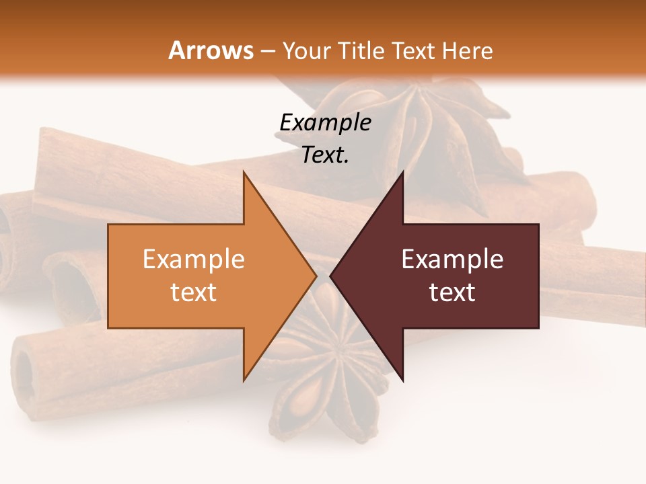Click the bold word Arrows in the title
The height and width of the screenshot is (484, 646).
(211, 50)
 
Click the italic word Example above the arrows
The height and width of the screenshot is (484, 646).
(325, 123)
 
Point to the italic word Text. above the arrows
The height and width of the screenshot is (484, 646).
(325, 155)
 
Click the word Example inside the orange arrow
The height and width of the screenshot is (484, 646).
(193, 259)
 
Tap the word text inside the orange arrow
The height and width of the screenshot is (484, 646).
(193, 292)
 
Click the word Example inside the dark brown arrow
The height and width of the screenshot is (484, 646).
(452, 259)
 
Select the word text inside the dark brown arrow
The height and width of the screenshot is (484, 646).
(452, 292)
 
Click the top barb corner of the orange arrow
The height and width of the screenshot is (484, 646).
(244, 172)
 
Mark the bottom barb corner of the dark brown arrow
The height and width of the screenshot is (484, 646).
(403, 380)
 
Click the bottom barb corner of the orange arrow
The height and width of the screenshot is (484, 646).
(244, 380)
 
